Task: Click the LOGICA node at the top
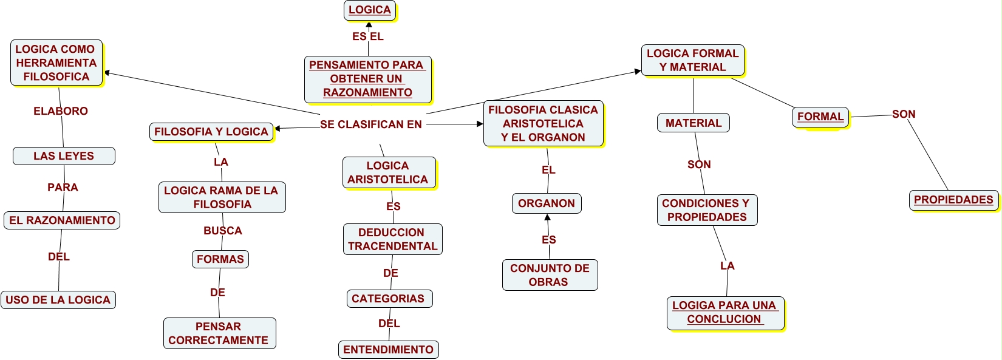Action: [370, 10]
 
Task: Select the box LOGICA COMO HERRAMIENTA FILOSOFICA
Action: [56, 63]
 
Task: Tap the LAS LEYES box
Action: [64, 156]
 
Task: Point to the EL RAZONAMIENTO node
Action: [62, 220]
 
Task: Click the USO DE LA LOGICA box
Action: [58, 300]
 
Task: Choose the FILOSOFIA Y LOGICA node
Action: [211, 132]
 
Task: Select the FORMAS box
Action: [220, 259]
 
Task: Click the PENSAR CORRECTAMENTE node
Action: [219, 333]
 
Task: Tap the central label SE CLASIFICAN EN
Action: [371, 124]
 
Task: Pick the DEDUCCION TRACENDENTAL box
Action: [392, 239]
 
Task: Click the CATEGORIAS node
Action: [389, 299]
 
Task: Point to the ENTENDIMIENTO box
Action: [389, 350]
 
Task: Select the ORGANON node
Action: [547, 203]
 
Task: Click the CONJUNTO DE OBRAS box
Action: [550, 275]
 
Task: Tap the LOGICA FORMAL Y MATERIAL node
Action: [693, 60]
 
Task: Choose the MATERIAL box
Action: [694, 123]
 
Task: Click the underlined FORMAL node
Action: [820, 117]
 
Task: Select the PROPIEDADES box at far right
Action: [953, 200]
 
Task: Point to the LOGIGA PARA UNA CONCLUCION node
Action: [724, 313]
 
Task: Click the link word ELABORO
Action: [61, 111]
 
